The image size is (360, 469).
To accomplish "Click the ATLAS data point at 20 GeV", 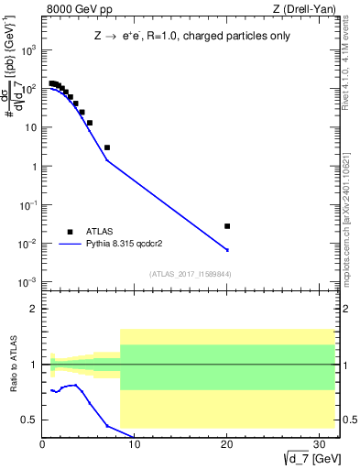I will (227, 225).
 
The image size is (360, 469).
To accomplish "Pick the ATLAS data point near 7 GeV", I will (107, 147).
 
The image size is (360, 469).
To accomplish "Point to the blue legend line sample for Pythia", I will (70, 244).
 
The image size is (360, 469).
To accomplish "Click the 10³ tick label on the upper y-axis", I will (29, 51).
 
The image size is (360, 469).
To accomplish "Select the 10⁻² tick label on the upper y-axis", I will (29, 244).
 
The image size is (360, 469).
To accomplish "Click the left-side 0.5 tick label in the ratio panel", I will (29, 420).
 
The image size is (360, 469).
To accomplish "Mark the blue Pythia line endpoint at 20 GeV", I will (227, 250).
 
